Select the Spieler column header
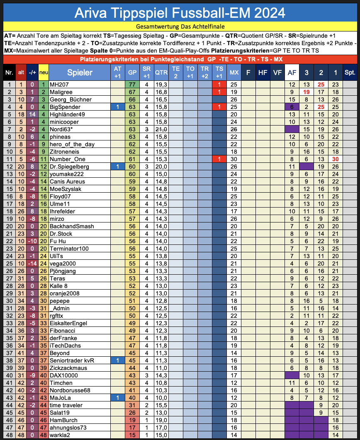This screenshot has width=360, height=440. point(80,73)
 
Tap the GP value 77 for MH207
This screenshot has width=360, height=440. point(132,85)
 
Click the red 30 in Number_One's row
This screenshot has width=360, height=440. point(336,159)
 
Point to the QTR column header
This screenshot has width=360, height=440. point(161,73)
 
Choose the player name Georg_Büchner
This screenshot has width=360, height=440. point(70,99)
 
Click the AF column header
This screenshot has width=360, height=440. point(292,73)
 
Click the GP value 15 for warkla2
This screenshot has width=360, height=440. point(132,435)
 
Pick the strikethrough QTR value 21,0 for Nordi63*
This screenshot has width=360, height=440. point(161,129)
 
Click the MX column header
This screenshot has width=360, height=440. point(234,73)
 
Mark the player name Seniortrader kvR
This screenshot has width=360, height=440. point(72,360)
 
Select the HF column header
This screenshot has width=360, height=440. point(263,73)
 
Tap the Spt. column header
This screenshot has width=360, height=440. point(350,73)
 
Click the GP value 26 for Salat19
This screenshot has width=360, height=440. point(132,413)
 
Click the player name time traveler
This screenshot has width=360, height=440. point(66,405)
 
